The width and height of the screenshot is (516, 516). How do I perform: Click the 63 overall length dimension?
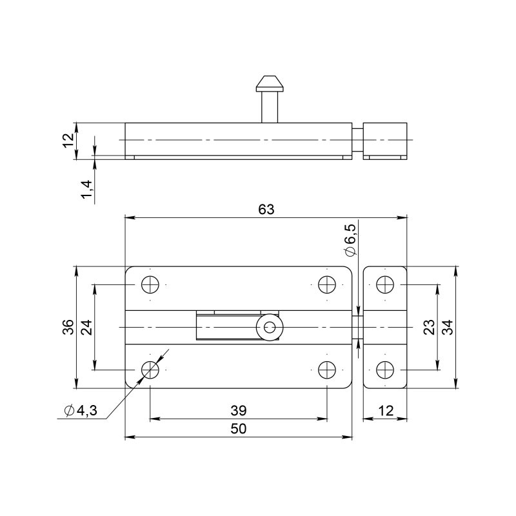pyautogui.click(x=266, y=209)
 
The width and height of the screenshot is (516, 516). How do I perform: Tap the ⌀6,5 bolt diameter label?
pyautogui.click(x=350, y=240)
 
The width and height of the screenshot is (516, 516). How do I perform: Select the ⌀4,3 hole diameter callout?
pyautogui.click(x=81, y=410)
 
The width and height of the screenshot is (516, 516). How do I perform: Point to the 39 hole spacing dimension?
pyautogui.click(x=238, y=410)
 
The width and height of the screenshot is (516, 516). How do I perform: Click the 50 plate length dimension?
pyautogui.click(x=238, y=429)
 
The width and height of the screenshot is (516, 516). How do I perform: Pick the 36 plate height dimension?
pyautogui.click(x=68, y=327)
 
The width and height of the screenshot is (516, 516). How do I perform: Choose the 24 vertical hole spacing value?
pyautogui.click(x=86, y=327)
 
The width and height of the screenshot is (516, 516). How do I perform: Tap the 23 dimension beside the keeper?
pyautogui.click(x=429, y=327)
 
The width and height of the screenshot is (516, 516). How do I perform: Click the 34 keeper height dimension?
pyautogui.click(x=448, y=327)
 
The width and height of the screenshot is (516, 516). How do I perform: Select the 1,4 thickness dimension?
pyautogui.click(x=86, y=190)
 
